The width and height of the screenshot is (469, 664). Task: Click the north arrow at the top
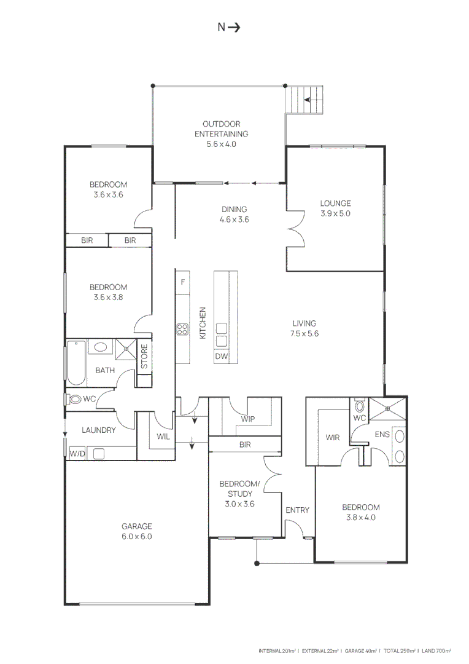(x=229, y=27)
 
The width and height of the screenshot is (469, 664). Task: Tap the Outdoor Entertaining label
(x=221, y=134)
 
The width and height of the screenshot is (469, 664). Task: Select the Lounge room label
(x=335, y=208)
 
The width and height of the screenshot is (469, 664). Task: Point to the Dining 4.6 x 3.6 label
(x=234, y=214)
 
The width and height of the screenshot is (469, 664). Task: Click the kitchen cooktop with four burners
(x=182, y=329)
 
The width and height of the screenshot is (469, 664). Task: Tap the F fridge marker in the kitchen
(x=182, y=282)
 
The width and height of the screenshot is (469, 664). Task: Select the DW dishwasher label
(x=221, y=357)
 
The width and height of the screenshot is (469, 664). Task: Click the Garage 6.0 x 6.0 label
(x=136, y=531)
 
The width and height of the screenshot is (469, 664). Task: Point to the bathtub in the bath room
(x=76, y=363)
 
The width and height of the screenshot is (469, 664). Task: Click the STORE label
(x=145, y=357)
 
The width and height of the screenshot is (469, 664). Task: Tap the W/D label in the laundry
(x=77, y=454)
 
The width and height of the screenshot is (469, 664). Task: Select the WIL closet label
(x=163, y=437)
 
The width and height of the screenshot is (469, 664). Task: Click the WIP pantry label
(x=248, y=420)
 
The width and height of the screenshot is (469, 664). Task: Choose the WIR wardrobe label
(x=331, y=438)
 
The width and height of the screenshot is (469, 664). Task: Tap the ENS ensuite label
(x=382, y=434)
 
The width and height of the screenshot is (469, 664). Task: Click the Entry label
(x=297, y=510)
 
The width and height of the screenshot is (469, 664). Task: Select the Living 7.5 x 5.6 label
(x=304, y=329)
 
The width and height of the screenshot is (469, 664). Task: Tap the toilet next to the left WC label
(x=75, y=399)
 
